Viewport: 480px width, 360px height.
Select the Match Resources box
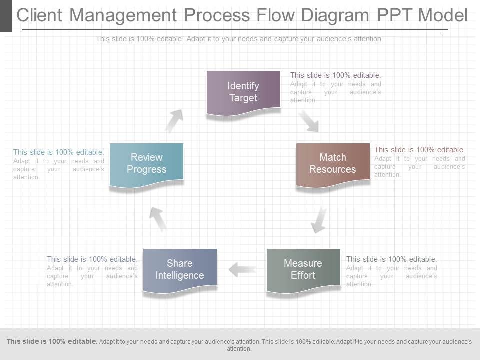pyautogui.click(x=333, y=164)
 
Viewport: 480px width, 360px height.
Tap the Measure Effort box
pyautogui.click(x=303, y=270)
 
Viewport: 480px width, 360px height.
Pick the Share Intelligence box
pyautogui.click(x=180, y=270)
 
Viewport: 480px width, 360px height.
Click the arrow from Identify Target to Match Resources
pyautogui.click(x=309, y=122)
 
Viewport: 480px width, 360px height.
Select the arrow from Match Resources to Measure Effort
pyautogui.click(x=319, y=220)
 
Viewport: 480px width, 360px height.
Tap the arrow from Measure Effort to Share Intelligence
pyautogui.click(x=242, y=270)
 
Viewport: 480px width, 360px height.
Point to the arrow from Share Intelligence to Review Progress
pyautogui.click(x=158, y=218)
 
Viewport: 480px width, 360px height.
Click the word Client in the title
pyautogui.click(x=41, y=16)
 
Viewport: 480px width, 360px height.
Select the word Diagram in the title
pyautogui.click(x=326, y=16)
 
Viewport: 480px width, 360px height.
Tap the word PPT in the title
pyautogui.click(x=393, y=16)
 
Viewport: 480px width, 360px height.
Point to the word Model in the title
pyautogui.click(x=443, y=16)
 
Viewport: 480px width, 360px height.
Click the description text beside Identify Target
pyautogui.click(x=335, y=87)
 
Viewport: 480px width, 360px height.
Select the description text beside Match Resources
pyautogui.click(x=419, y=162)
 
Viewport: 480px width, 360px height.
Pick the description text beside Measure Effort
pyautogui.click(x=391, y=271)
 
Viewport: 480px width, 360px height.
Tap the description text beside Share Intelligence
pyautogui.click(x=92, y=271)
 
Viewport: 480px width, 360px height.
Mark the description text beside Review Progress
pyautogui.click(x=59, y=164)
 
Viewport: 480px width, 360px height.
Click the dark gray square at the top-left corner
pyautogui.click(x=5, y=16)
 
